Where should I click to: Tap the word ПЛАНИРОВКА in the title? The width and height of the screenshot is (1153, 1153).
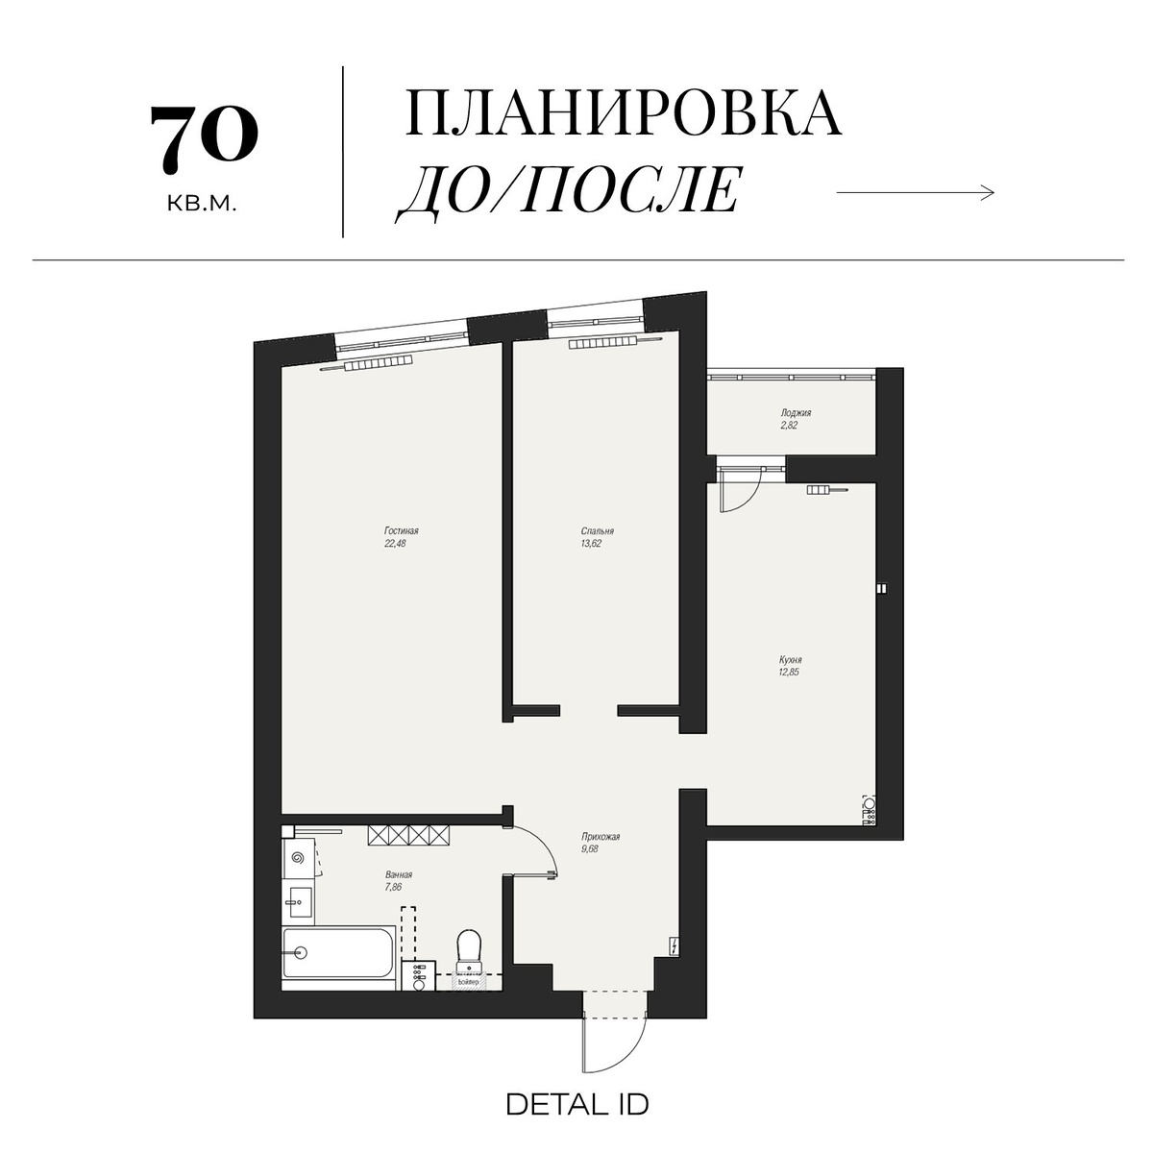point(624,113)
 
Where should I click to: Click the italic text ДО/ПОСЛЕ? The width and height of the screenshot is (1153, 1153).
point(570,191)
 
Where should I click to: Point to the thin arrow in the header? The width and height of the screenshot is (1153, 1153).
point(915,193)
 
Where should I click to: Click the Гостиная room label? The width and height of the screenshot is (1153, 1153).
point(401,530)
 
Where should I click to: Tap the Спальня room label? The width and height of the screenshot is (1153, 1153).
point(597,530)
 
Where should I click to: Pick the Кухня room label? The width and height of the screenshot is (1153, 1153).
point(790,660)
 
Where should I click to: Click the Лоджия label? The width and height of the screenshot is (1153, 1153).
point(796,413)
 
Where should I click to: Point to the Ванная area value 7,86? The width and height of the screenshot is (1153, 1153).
point(392,887)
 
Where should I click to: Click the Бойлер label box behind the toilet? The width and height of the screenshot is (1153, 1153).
point(468,982)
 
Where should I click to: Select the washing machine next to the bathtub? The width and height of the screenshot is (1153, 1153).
point(419,976)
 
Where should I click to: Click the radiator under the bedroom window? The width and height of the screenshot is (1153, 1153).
point(602,343)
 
